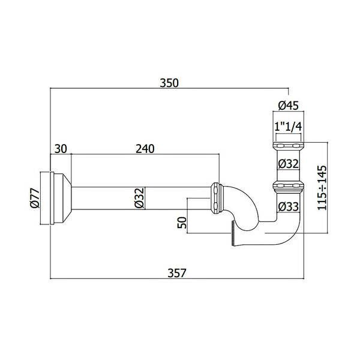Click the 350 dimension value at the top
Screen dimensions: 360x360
[169, 83]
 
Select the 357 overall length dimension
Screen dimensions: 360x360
[176, 273]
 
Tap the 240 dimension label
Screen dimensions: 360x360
[145, 149]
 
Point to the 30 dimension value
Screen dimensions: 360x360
[61, 149]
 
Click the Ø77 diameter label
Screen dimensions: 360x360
[35, 198]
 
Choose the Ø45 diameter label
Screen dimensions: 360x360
[289, 106]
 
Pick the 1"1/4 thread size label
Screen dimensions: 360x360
[288, 127]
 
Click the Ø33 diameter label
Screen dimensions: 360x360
[289, 206]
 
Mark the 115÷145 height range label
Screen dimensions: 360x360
[322, 188]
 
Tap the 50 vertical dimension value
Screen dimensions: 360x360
[182, 223]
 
